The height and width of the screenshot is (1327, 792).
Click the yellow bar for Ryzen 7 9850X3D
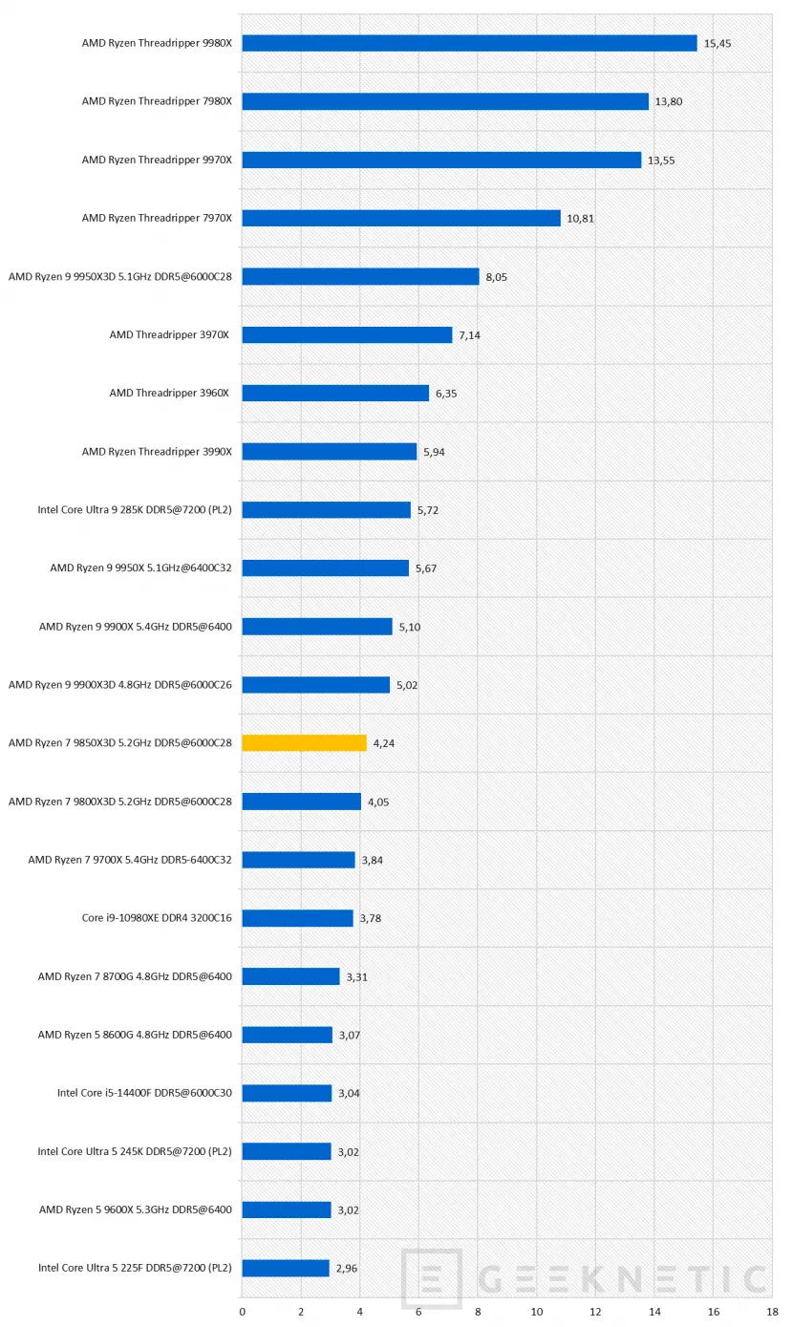(x=304, y=742)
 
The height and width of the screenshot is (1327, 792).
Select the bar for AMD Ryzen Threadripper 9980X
(x=469, y=43)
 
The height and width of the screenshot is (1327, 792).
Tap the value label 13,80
(x=669, y=102)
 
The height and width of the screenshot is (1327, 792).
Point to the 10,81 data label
(x=581, y=219)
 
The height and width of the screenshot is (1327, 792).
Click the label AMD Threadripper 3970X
(x=170, y=334)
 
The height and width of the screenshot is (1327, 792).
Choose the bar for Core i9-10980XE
(x=297, y=918)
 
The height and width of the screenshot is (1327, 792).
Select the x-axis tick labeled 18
(x=771, y=1312)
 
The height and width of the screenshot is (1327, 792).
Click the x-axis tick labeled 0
(x=242, y=1312)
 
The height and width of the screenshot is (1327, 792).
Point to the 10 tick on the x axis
(x=536, y=1312)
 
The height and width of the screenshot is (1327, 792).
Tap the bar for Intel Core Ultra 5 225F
(x=286, y=1268)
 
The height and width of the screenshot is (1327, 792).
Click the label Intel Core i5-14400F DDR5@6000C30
(x=144, y=1093)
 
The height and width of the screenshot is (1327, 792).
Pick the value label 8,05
(x=497, y=277)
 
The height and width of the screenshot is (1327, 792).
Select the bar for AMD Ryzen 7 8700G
(x=290, y=976)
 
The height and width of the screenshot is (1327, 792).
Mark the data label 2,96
(x=349, y=1269)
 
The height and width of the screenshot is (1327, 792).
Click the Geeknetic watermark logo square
(x=431, y=1278)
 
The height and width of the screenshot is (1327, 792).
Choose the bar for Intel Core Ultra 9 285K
(x=326, y=509)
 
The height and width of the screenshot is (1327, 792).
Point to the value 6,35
(x=446, y=394)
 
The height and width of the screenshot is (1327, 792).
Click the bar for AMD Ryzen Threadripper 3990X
(x=329, y=451)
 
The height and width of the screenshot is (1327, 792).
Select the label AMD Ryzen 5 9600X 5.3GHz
(x=135, y=1209)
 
